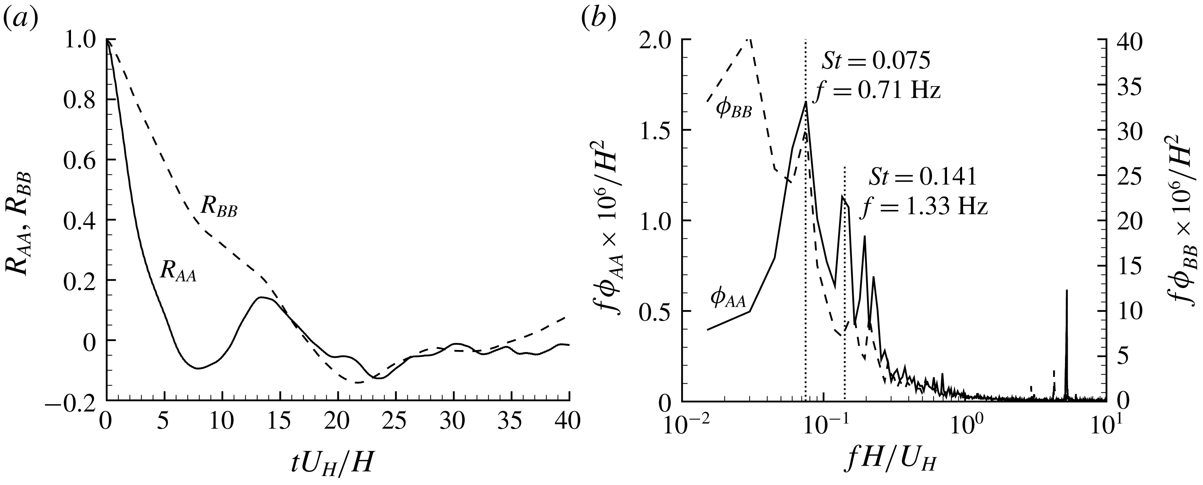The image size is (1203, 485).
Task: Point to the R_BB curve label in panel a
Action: click(219, 207)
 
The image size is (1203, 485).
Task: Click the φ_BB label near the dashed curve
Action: click(733, 110)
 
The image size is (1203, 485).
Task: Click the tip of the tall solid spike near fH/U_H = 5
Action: click(1067, 290)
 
